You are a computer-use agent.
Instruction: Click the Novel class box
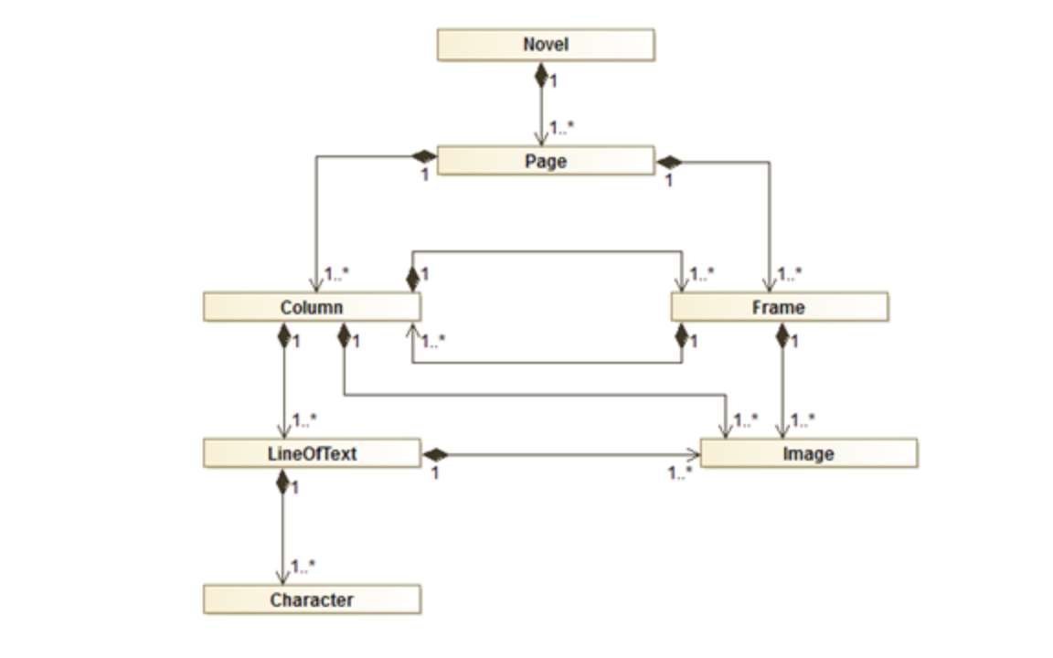(x=546, y=45)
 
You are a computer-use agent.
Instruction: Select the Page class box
(x=546, y=161)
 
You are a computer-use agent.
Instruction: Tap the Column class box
(x=312, y=307)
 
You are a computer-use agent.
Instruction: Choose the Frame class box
(x=779, y=307)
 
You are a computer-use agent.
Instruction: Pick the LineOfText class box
(x=312, y=453)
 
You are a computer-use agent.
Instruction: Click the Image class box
(x=808, y=453)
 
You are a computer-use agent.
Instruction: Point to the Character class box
(x=312, y=600)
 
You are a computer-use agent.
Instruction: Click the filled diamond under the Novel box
(x=541, y=74)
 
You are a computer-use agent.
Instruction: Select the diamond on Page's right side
(x=669, y=163)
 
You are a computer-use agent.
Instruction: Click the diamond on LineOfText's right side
(x=434, y=454)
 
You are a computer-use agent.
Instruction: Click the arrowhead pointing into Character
(x=282, y=578)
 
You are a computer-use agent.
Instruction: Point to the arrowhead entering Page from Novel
(x=541, y=138)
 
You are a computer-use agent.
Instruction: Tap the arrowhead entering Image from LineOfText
(x=693, y=454)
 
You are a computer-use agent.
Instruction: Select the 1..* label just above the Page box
(x=561, y=128)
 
